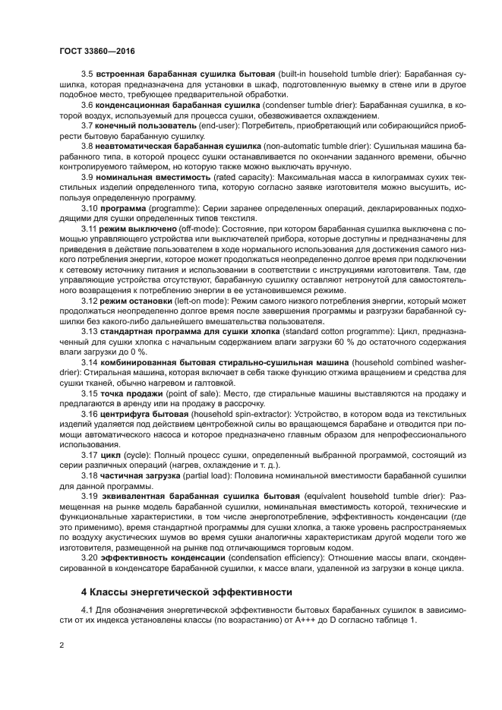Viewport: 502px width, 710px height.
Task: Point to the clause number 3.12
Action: (90, 301)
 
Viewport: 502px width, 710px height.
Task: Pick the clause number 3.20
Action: (90, 557)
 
